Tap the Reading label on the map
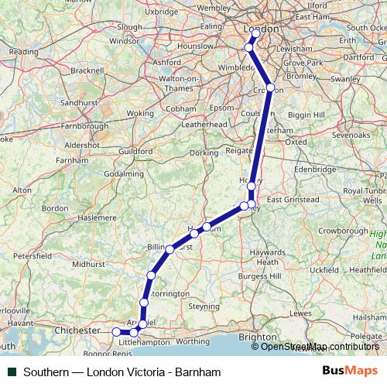(22, 52)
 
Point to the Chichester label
(77, 330)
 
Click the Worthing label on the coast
(193, 340)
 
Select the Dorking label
(204, 153)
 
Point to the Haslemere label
(90, 219)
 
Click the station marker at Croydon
(270, 87)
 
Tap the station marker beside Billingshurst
(170, 249)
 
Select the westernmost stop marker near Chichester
(117, 331)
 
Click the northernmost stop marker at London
(255, 33)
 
